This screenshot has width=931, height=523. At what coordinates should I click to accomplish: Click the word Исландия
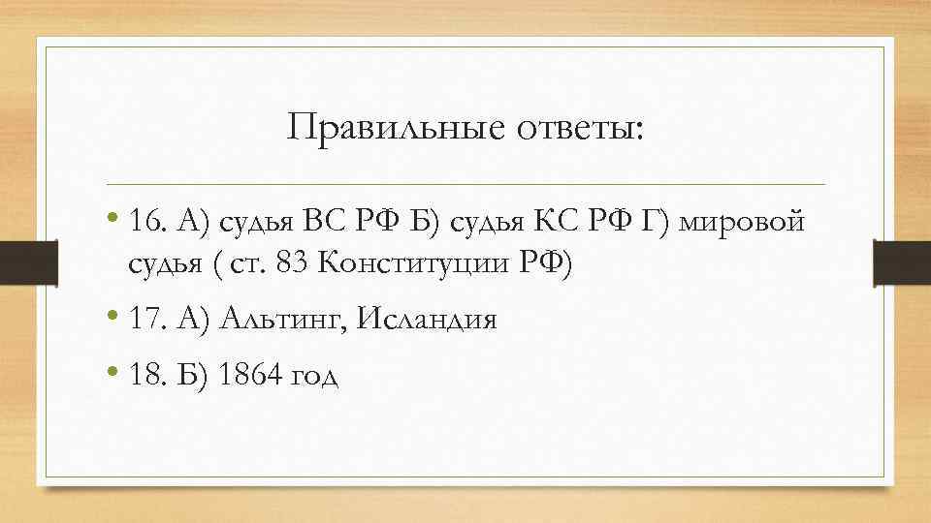(428, 319)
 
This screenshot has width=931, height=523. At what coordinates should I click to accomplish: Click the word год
(315, 376)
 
